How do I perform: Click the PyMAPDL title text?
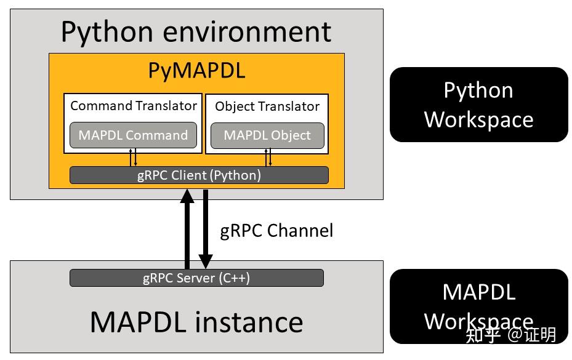click(x=196, y=71)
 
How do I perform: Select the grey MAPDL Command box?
click(x=133, y=135)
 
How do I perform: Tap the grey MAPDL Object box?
click(x=267, y=135)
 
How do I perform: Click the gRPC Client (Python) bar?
click(x=198, y=175)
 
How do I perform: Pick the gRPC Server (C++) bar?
click(x=196, y=278)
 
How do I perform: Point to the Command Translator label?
click(x=133, y=106)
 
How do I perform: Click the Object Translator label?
click(x=267, y=106)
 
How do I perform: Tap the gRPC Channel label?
click(x=276, y=231)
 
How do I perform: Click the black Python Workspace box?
click(x=478, y=105)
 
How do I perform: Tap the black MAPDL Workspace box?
click(x=478, y=306)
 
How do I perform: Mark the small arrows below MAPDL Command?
click(x=134, y=157)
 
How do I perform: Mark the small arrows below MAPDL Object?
click(x=268, y=157)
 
